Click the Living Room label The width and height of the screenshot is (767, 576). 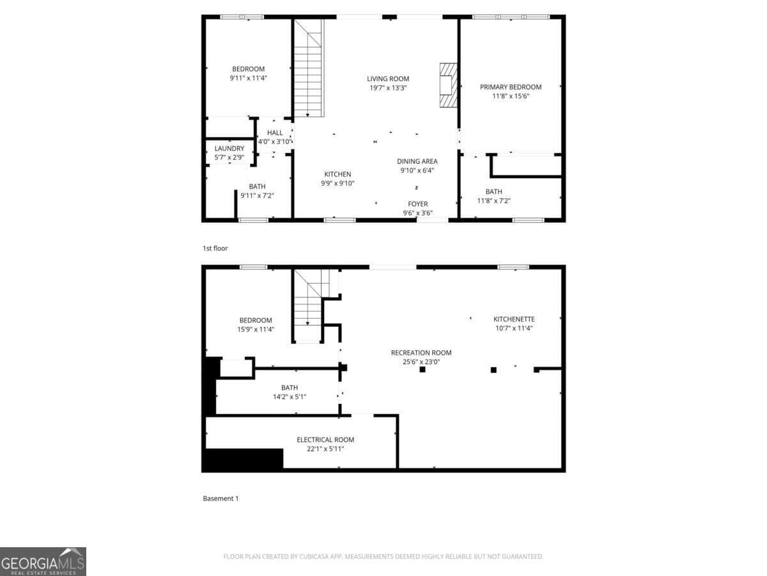[x=387, y=79]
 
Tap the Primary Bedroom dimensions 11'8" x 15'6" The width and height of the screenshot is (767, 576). [x=511, y=96]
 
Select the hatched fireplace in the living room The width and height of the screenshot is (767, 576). [x=449, y=84]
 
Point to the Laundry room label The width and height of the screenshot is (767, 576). [x=229, y=148]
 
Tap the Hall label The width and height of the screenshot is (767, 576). [x=275, y=133]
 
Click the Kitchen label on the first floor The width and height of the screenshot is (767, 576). [x=337, y=174]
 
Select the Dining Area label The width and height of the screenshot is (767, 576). [x=417, y=161]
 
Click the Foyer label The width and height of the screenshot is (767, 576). [x=418, y=204]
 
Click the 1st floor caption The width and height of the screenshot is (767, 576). [x=215, y=248]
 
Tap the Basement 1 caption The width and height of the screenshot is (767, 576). [x=221, y=498]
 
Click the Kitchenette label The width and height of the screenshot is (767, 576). [x=514, y=319]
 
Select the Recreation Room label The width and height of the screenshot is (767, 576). [x=421, y=353]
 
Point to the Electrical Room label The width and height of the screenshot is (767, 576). [x=325, y=440]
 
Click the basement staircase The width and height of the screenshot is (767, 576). [x=309, y=306]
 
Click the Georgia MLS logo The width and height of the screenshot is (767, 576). [x=43, y=561]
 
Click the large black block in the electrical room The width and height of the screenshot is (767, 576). [x=243, y=459]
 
